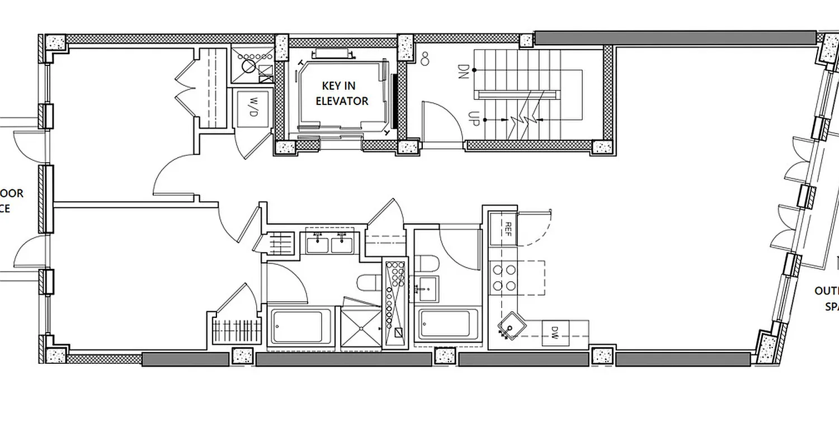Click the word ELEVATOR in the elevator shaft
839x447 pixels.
pos(342,101)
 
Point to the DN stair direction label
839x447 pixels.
pos(463,70)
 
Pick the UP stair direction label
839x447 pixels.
pos(473,118)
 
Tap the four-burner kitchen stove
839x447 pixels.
pos(503,278)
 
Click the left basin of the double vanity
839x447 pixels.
pos(318,243)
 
